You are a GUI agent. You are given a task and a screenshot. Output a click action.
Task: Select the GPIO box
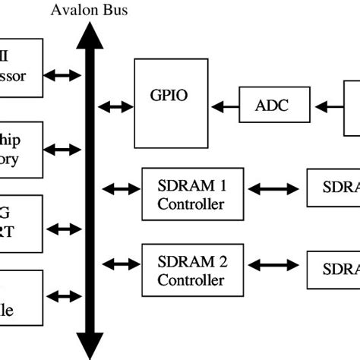[169, 103]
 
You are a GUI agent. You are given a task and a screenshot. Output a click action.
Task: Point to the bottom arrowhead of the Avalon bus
[89, 348]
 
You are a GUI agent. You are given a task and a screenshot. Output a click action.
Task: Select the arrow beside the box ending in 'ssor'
[61, 75]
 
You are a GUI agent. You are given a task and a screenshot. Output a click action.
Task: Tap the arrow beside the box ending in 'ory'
[61, 149]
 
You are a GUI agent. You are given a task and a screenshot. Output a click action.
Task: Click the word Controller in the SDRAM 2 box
[191, 279]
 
